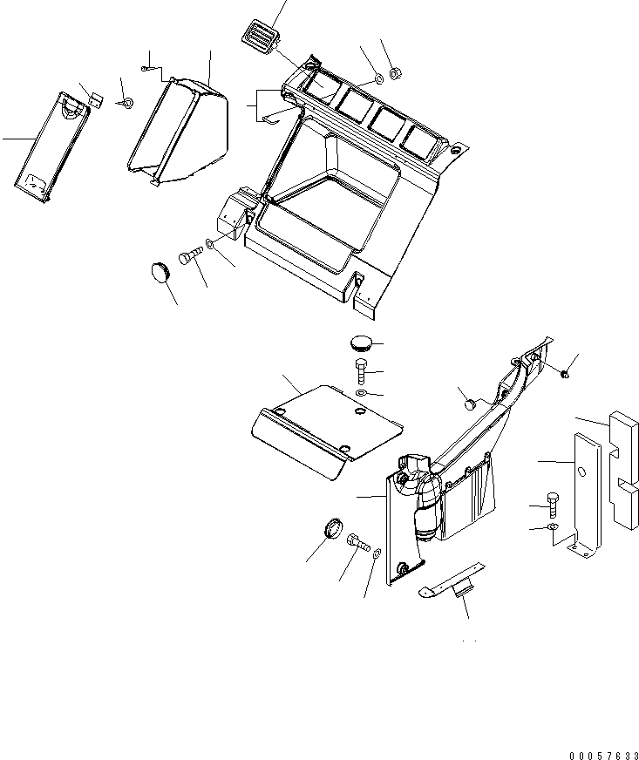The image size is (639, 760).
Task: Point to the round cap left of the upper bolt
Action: [x=161, y=271]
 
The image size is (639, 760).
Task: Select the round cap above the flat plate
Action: [x=362, y=341]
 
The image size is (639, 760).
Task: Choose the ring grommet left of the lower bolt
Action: [x=331, y=528]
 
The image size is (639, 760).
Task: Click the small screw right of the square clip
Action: [x=127, y=105]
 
